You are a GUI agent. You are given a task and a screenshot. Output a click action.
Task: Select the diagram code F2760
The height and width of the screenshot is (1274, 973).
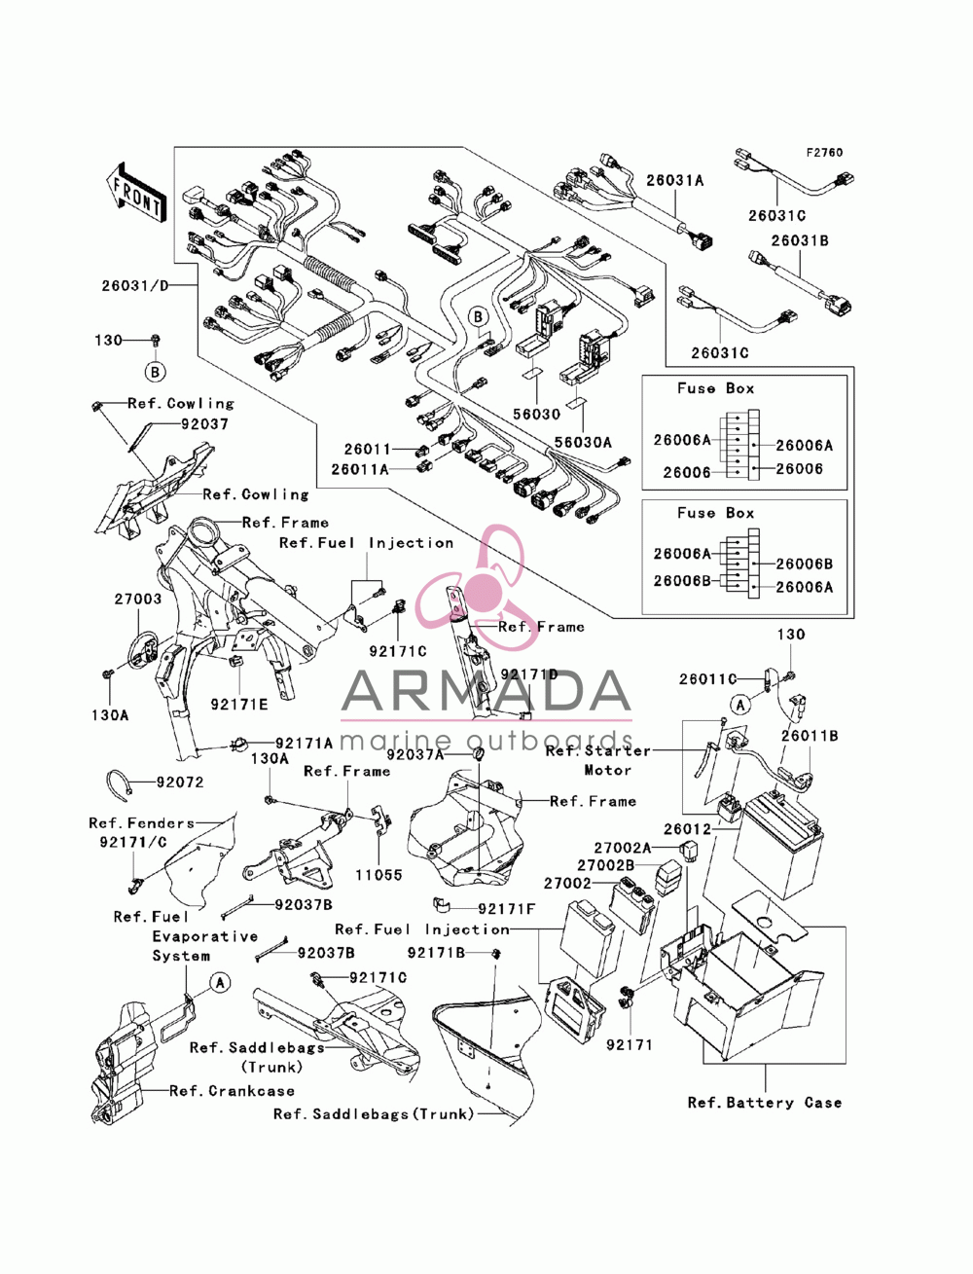823,153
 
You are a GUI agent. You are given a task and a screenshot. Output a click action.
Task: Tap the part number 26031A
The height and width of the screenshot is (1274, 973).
674,180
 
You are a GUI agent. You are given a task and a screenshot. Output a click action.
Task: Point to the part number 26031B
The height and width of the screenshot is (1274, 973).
799,240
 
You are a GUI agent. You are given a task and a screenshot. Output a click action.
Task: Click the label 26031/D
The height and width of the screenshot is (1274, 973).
134,285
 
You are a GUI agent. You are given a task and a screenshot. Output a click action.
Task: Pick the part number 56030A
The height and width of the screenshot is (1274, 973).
582,442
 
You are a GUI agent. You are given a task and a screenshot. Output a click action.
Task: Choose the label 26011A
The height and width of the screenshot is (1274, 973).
360,469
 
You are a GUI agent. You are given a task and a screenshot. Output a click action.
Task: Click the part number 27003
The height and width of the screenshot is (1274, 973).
137,599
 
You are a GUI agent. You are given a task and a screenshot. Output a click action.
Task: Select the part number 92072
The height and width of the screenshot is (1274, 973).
180,783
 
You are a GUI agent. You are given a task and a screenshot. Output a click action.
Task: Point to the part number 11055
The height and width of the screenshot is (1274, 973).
378,875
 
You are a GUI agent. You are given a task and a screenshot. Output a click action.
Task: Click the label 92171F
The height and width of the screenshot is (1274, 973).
506,909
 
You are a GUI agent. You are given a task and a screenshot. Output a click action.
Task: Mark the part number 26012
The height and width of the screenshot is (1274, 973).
687,829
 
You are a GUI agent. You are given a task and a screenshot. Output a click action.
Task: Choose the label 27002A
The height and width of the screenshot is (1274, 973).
622,849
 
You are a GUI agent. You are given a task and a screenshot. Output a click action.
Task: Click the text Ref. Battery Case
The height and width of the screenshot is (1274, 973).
764,1103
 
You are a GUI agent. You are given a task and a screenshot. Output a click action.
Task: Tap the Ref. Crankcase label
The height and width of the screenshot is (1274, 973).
232,1091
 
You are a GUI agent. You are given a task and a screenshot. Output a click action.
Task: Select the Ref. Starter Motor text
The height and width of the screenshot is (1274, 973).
597,760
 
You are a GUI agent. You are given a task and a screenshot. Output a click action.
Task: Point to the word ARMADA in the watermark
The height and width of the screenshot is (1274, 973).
486,691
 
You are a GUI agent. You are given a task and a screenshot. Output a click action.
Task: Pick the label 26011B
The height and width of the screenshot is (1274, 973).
809,736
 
